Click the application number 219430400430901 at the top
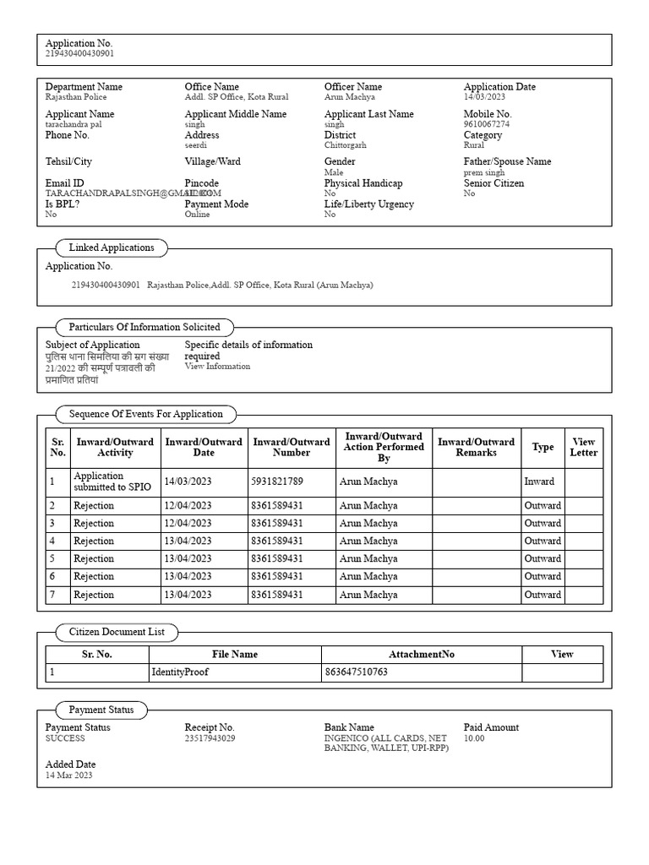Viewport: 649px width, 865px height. (79, 53)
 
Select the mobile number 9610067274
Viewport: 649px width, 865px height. (487, 124)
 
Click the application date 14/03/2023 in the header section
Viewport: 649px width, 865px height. (484, 97)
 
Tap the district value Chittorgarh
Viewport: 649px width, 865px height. (345, 145)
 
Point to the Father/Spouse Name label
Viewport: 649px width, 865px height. (507, 161)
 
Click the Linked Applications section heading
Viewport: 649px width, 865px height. (112, 248)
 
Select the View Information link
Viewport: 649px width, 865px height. (217, 367)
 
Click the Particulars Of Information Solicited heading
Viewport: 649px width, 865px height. (145, 327)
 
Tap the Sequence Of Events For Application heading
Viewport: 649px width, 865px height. (146, 414)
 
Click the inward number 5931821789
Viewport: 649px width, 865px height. (276, 481)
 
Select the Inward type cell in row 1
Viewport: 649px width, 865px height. (539, 481)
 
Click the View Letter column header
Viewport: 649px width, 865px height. (583, 447)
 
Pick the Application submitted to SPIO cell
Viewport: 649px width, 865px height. (112, 481)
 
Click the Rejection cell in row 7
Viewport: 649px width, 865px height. (93, 595)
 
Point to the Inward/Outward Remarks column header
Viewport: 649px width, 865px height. (476, 447)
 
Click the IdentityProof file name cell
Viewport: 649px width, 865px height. (180, 673)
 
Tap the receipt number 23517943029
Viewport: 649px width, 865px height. (210, 738)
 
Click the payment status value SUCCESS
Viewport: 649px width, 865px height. (65, 738)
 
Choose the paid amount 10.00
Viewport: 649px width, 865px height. (474, 738)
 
